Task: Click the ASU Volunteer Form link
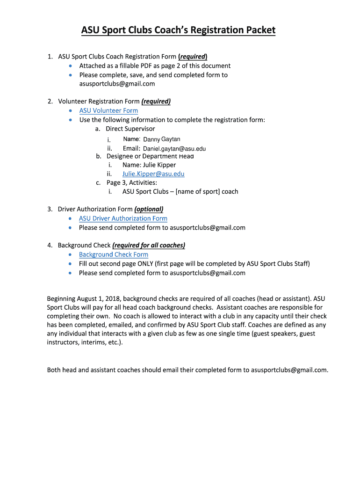coord(108,111)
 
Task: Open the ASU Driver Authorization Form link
coord(123,218)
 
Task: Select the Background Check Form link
coord(114,254)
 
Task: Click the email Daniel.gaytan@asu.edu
coord(174,149)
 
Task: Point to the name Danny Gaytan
coord(161,139)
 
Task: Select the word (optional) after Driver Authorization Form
coord(149,209)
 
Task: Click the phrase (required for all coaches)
coord(149,245)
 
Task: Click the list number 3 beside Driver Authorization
coord(50,209)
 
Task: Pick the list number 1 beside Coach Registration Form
coord(50,57)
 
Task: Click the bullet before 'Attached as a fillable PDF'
coord(70,66)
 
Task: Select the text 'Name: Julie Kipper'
coord(149,165)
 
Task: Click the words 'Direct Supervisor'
coord(130,129)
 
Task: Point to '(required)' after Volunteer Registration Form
coord(156,102)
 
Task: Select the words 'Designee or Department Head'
coord(150,156)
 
